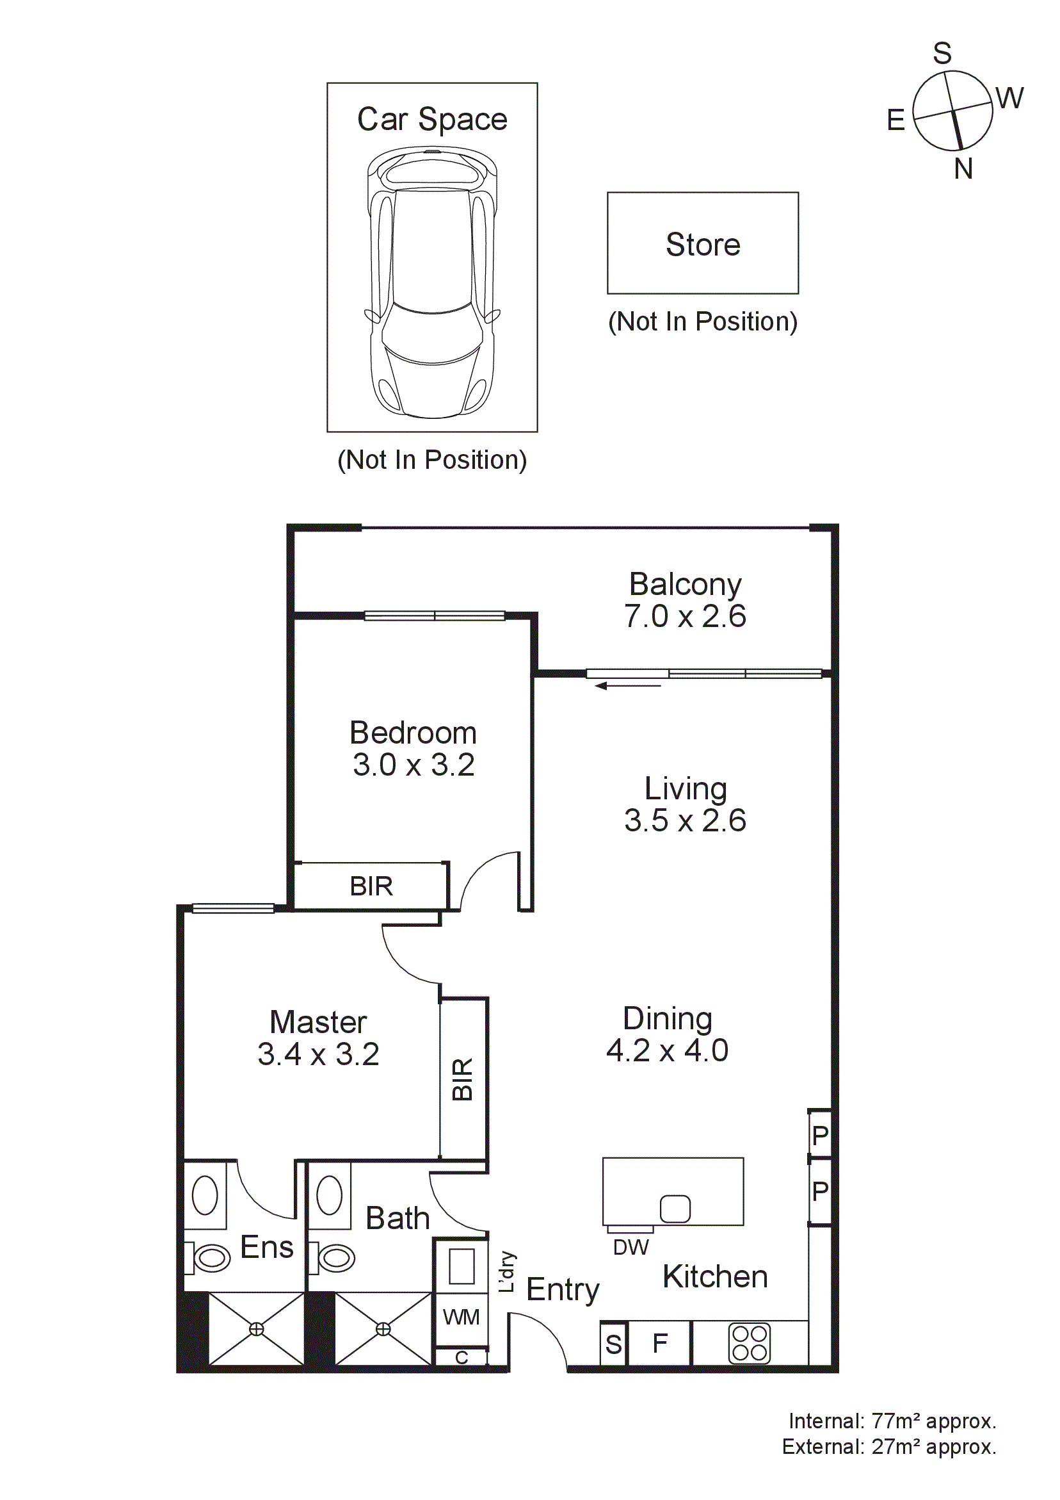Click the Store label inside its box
click(703, 245)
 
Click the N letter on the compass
click(963, 169)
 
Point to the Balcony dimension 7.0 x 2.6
click(684, 617)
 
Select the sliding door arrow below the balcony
click(628, 686)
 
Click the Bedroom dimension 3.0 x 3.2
click(413, 765)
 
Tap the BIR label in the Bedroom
click(371, 886)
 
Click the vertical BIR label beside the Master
click(462, 1080)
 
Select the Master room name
click(318, 1022)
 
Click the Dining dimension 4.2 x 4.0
click(667, 1050)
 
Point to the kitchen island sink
click(675, 1209)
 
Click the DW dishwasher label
click(630, 1248)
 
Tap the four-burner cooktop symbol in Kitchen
click(749, 1344)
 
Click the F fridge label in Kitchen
click(660, 1343)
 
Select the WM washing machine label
click(461, 1317)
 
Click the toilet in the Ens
click(209, 1258)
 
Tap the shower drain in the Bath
click(383, 1329)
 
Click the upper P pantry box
click(820, 1136)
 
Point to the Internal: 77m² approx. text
click(892, 1421)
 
